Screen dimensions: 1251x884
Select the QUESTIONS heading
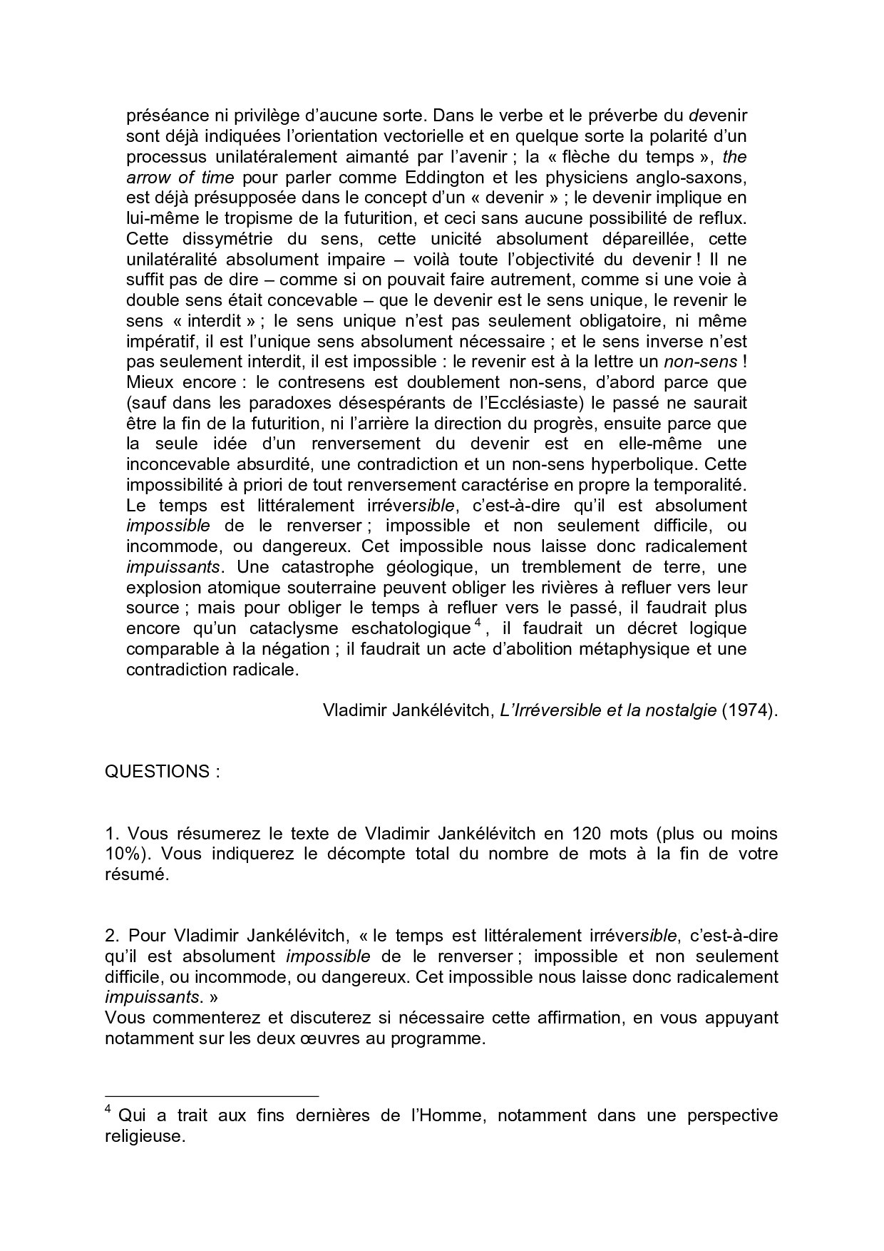click(x=157, y=772)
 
